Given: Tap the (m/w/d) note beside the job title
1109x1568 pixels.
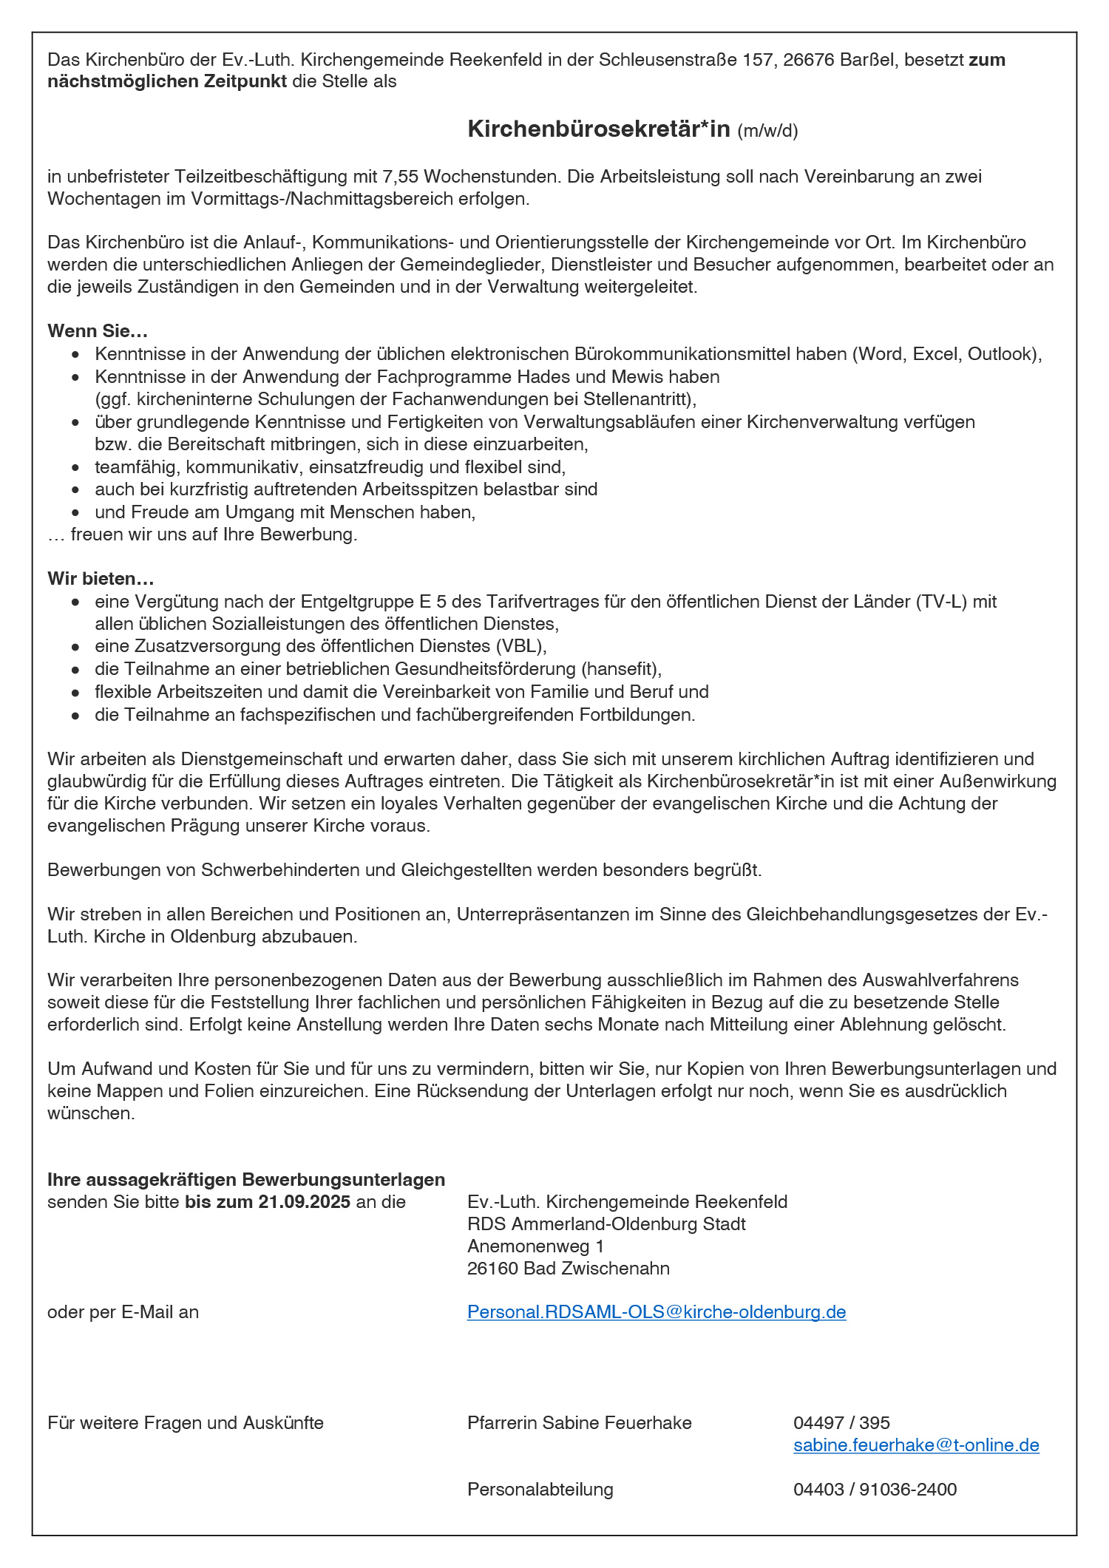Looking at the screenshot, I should tap(767, 132).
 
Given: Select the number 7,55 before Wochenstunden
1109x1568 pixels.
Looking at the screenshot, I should tap(401, 177).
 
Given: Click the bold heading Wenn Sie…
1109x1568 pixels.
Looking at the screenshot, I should tap(98, 330).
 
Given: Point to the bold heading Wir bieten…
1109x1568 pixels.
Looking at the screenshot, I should tap(101, 578).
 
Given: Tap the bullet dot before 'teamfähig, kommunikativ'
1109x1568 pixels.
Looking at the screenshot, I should tap(75, 468).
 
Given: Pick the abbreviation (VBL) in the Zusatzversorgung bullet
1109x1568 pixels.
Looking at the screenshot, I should tap(520, 646).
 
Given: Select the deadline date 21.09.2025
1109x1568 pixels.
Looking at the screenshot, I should tap(305, 1201).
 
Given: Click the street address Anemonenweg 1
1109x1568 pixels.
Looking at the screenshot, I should tap(535, 1246).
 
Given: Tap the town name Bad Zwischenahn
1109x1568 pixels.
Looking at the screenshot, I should tap(596, 1268).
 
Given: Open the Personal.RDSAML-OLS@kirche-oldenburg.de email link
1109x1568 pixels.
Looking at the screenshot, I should tap(657, 1311).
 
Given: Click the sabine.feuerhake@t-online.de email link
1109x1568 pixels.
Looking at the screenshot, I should tap(916, 1445).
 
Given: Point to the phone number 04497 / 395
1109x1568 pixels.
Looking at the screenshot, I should tap(841, 1422).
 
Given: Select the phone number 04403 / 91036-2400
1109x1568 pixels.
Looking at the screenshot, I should tap(875, 1489).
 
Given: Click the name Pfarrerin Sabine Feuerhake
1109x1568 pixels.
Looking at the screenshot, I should tap(580, 1422).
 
